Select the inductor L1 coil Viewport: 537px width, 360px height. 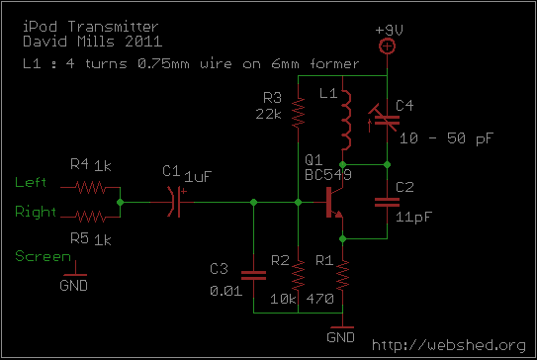[x=346, y=121]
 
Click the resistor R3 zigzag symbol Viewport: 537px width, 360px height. [x=298, y=113]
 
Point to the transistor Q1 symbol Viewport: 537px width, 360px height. [x=334, y=202]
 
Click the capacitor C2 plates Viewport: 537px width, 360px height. [x=387, y=203]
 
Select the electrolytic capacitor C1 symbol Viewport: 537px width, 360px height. [x=176, y=202]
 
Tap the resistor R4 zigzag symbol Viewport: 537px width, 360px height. [x=90, y=188]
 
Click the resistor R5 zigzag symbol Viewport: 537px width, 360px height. [x=90, y=217]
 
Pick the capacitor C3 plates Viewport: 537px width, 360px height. [x=253, y=275]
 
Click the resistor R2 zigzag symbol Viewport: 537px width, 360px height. [x=298, y=276]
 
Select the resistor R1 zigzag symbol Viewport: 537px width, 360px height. [x=342, y=276]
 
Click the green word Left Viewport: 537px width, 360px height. [x=31, y=182]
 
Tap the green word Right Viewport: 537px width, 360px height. [x=36, y=212]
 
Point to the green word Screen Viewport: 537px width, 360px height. [x=44, y=256]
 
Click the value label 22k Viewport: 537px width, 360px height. [x=269, y=114]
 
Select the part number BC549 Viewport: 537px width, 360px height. [x=328, y=175]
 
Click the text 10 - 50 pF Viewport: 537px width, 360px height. [x=447, y=138]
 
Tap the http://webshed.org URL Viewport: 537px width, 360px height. [x=449, y=345]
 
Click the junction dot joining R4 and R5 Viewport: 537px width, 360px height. [x=121, y=202]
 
